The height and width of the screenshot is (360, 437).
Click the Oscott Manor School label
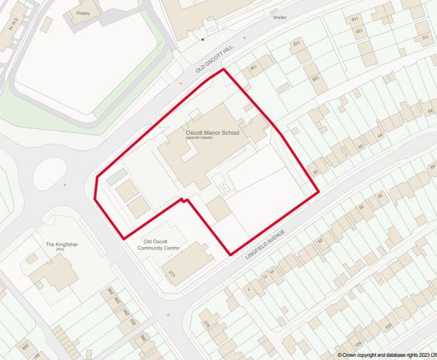coord(211,133)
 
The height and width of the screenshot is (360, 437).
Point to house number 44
coord(380,135)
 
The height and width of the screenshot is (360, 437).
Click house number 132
coord(297,43)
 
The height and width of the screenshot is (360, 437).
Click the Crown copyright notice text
coord(386,354)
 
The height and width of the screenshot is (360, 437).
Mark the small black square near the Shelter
coord(202,39)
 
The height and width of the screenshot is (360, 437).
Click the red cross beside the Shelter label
coord(244,37)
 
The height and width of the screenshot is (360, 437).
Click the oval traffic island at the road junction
coord(50,172)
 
